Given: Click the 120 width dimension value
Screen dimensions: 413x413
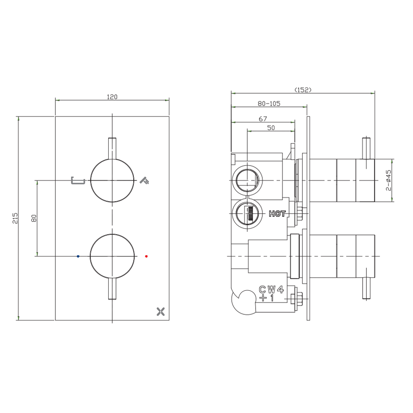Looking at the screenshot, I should tap(112, 97).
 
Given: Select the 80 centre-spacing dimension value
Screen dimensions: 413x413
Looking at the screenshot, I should tap(34, 218).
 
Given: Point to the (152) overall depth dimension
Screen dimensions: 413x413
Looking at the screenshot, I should tap(303, 90).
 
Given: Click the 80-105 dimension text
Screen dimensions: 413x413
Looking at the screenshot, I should tap(269, 104).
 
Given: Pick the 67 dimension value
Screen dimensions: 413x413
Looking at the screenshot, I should tap(263, 119).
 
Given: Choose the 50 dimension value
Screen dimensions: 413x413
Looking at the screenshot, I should tap(271, 128).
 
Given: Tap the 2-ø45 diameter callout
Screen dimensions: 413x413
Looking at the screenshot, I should tap(389, 180).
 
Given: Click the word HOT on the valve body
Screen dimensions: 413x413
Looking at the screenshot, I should tap(277, 214).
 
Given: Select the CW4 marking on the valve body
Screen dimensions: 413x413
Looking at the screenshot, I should tap(271, 290).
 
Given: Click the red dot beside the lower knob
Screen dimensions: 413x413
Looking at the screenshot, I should tap(146, 256).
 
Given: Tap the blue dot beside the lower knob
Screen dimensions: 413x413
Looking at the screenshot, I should tap(78, 256).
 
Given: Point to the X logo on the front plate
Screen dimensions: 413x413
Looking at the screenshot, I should tap(161, 311).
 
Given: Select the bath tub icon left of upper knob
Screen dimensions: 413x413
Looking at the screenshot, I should tap(78, 180).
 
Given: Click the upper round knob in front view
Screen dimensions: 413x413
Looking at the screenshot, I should tap(113, 180).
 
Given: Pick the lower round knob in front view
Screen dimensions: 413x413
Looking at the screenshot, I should tap(113, 256).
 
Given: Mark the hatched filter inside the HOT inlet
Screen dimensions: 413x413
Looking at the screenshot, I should tap(249, 214).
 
